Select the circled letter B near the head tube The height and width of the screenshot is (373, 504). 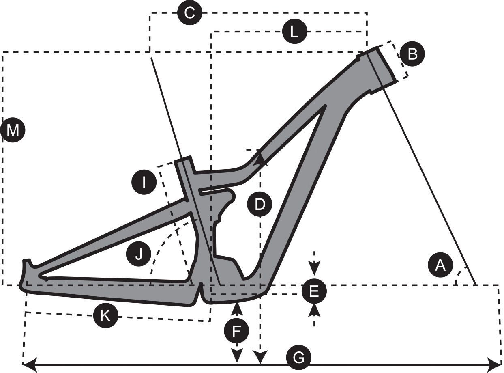tap(412, 54)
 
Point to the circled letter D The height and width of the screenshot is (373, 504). tap(260, 204)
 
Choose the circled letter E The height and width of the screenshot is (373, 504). tap(314, 291)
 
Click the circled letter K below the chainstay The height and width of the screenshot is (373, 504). tap(105, 315)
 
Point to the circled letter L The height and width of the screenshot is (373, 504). tap(295, 32)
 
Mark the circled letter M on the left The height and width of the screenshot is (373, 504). tap(13, 130)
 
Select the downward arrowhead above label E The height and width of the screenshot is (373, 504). tap(314, 269)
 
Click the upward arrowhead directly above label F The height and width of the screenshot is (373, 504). tap(236, 308)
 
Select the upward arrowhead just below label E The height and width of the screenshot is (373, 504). tap(314, 310)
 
